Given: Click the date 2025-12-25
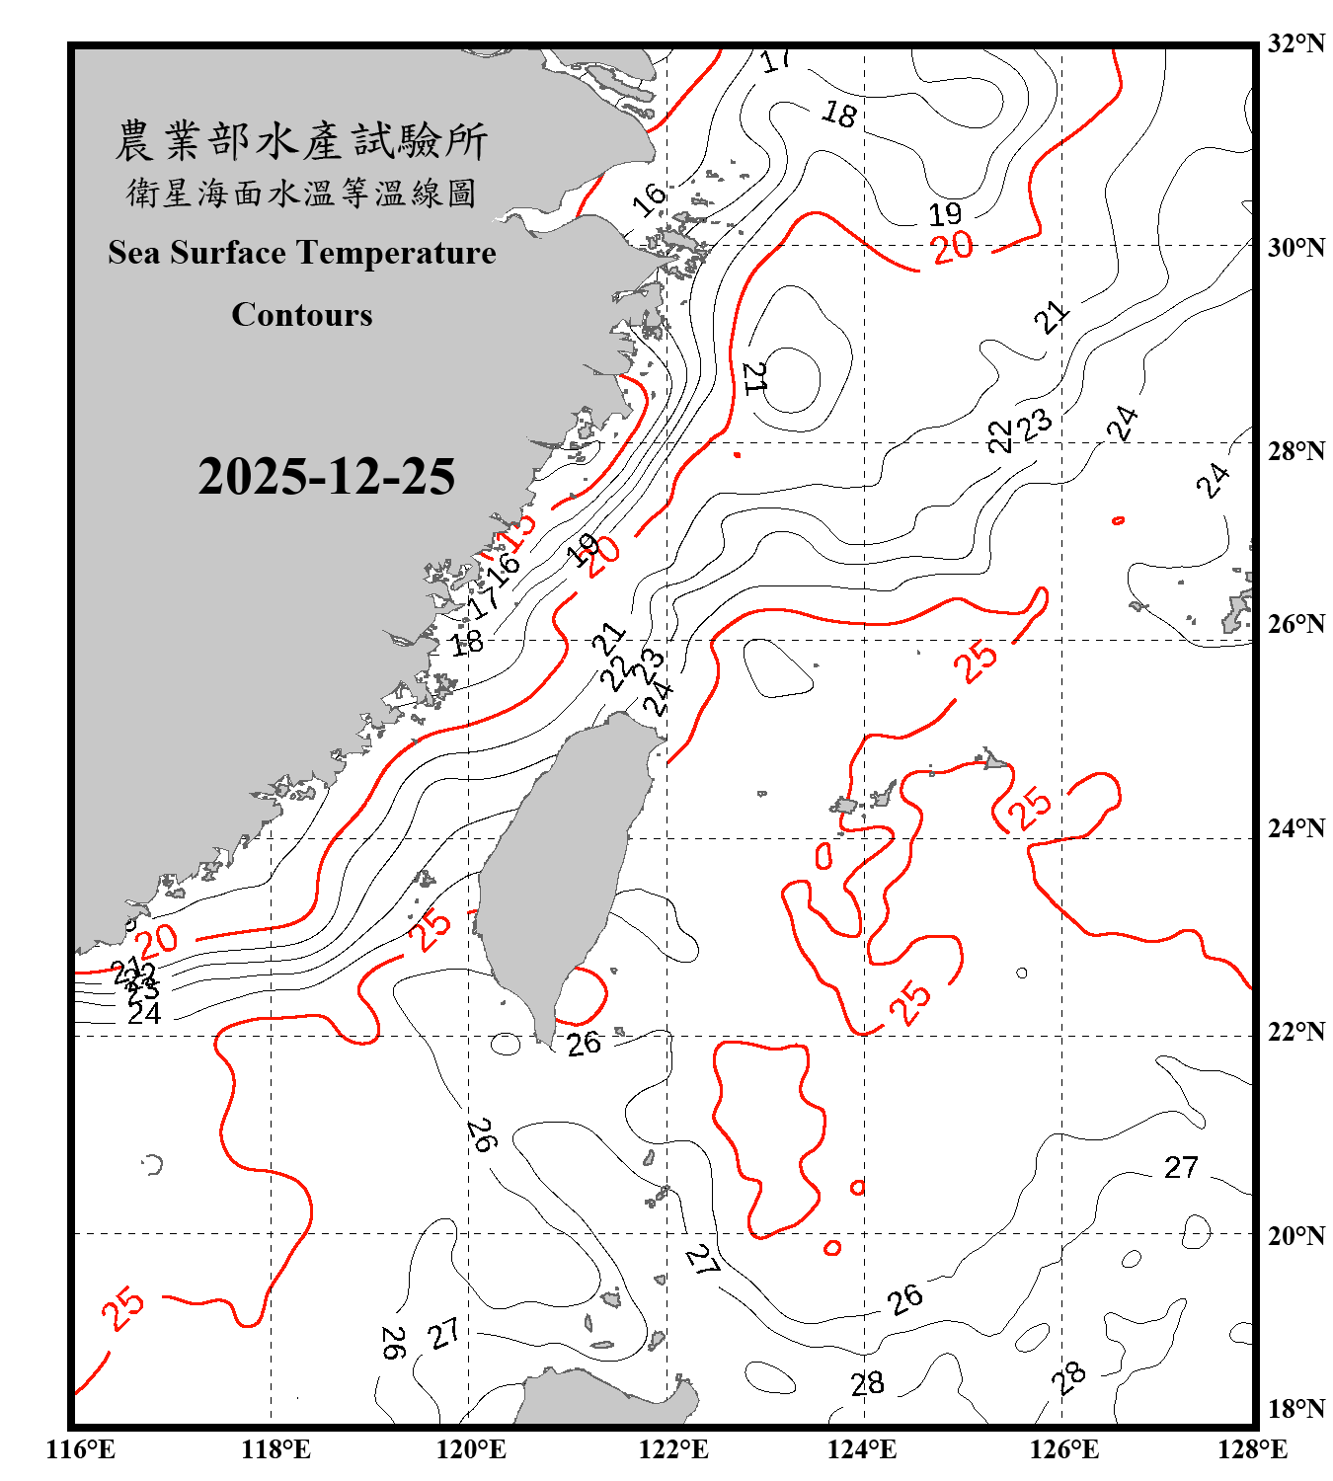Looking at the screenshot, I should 326,477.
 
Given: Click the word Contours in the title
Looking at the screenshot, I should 301,315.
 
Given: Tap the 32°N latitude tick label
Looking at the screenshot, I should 1295,43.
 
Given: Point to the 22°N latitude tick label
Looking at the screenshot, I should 1295,1032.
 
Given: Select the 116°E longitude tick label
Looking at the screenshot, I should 80,1449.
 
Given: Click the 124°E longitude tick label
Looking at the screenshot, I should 862,1449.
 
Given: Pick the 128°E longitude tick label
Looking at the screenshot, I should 1252,1449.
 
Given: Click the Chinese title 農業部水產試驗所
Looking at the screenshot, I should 301,141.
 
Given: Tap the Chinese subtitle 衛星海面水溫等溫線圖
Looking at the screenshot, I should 301,193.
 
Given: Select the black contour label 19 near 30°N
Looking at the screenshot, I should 945,214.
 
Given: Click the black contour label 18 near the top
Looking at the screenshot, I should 839,115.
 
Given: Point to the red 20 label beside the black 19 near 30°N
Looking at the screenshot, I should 953,247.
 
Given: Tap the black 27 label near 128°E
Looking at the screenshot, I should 1181,1168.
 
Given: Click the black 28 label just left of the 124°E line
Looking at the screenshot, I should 867,1384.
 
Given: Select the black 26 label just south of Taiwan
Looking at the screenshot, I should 584,1043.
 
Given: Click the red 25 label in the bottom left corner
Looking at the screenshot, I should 123,1309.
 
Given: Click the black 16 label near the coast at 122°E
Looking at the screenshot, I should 650,200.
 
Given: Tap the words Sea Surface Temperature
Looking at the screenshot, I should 301,253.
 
